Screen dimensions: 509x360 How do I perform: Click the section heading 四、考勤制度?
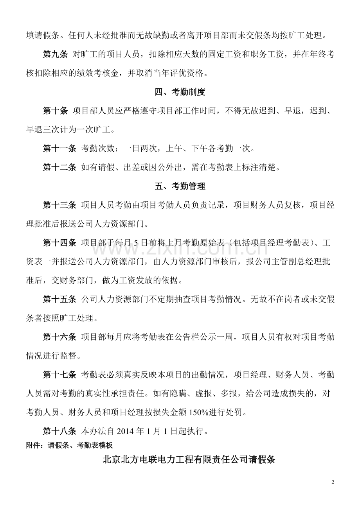point(180,92)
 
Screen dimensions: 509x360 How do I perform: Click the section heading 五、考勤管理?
point(180,186)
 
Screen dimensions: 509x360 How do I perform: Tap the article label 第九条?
point(55,55)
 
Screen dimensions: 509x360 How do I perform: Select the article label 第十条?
point(55,111)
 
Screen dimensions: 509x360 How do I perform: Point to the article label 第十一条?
point(59,149)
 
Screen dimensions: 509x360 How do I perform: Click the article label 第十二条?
point(59,167)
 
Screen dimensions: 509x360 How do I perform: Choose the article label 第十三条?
point(59,205)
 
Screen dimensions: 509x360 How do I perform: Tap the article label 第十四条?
point(59,243)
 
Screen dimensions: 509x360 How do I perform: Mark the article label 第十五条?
point(59,299)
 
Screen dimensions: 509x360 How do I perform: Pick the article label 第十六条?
point(59,337)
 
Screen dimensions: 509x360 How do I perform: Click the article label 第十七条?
point(59,375)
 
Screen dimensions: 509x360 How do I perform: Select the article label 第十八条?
point(59,431)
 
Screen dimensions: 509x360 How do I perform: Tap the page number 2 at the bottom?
point(333,482)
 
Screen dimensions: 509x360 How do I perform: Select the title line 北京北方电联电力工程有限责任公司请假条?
point(189,459)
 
